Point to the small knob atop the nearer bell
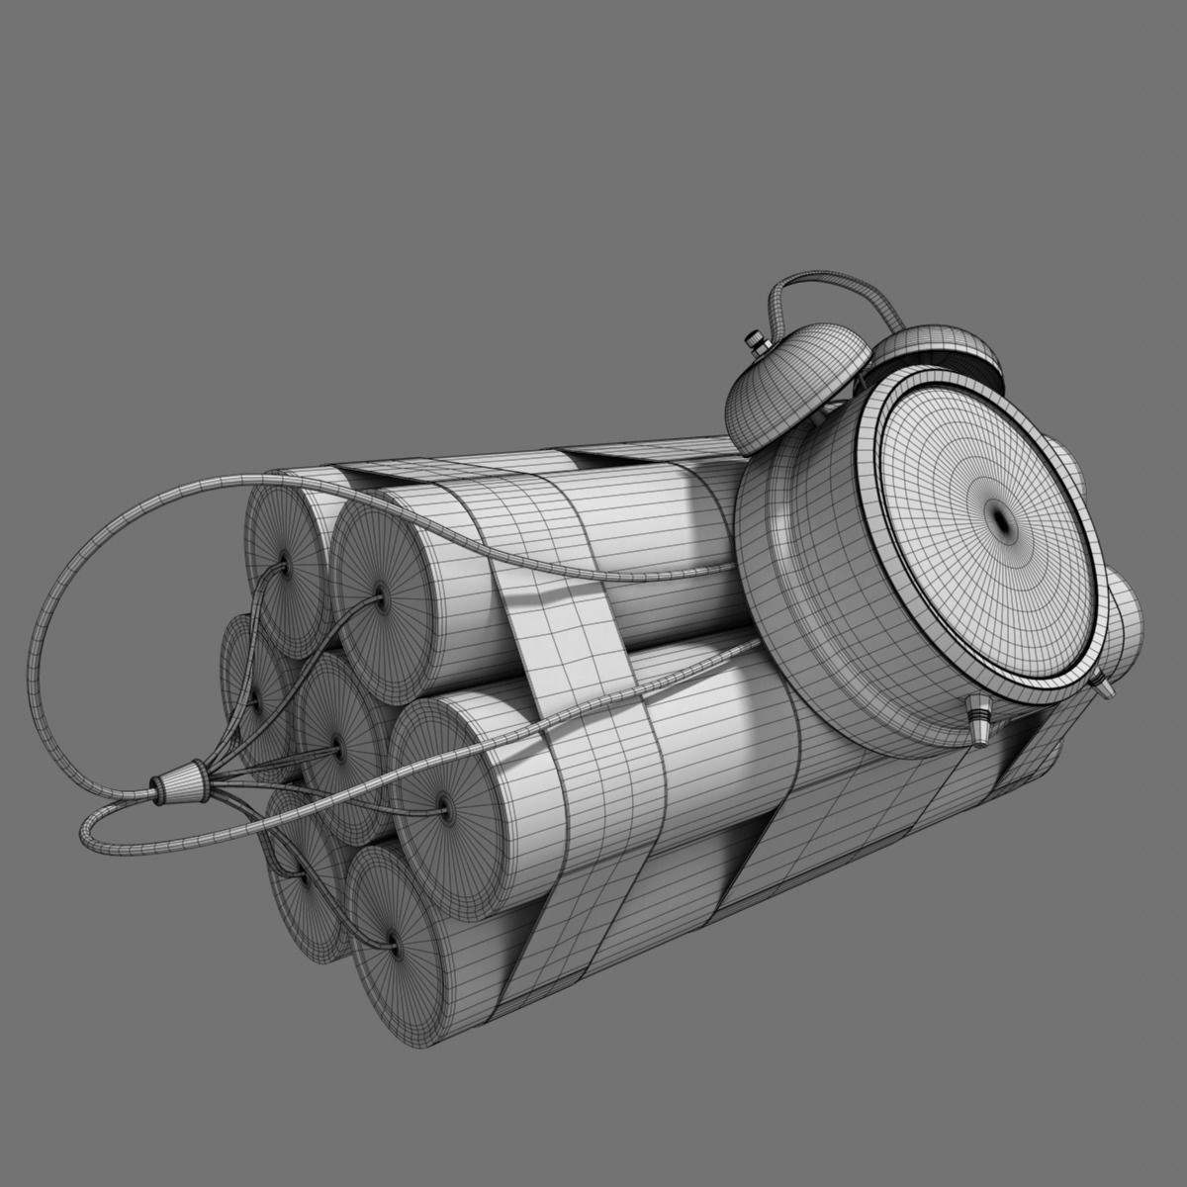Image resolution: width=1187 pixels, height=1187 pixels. click(x=758, y=342)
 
